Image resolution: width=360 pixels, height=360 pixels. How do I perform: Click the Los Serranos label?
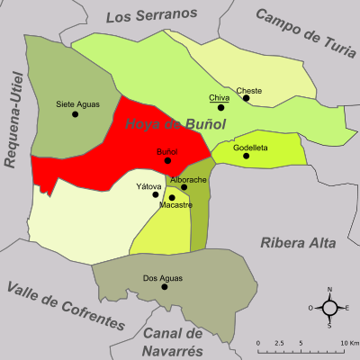click(151, 15)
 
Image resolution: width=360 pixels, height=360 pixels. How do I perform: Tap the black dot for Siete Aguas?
click(78, 113)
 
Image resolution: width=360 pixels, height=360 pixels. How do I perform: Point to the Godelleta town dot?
click(246, 157)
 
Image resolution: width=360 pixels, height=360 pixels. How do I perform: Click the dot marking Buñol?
click(167, 161)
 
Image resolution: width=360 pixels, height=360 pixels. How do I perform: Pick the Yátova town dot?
click(157, 194)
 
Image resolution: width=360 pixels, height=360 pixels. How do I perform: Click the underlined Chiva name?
click(218, 97)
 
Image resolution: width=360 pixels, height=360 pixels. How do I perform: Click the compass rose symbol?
click(329, 308)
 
